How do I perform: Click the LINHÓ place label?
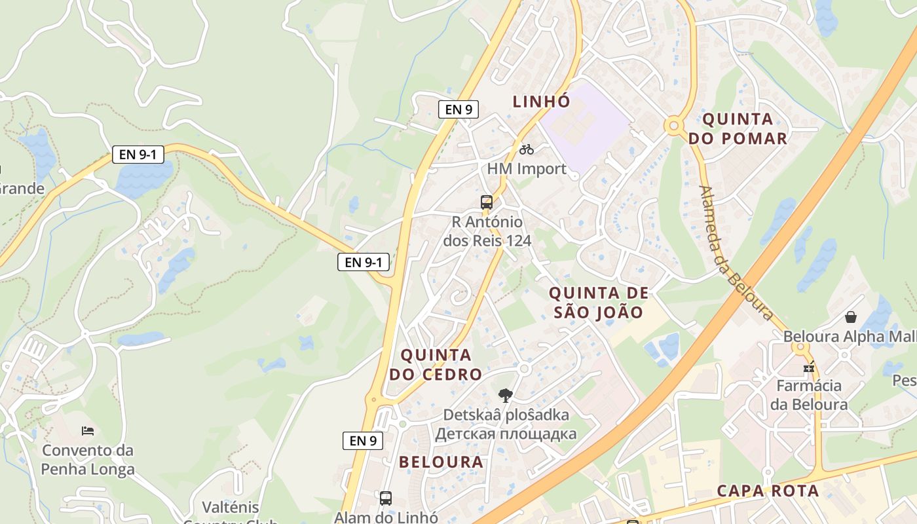click(x=541, y=102)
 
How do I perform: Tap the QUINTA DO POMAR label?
click(x=738, y=129)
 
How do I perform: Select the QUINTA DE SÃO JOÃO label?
click(x=599, y=303)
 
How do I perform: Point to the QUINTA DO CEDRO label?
click(x=436, y=365)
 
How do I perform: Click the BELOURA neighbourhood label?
click(x=441, y=462)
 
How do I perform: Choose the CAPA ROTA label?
click(x=768, y=491)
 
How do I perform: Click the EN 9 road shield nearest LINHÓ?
click(x=458, y=109)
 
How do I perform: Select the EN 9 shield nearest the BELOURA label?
click(x=363, y=441)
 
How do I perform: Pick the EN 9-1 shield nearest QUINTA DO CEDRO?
click(x=364, y=263)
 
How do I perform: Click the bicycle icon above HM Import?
click(x=526, y=149)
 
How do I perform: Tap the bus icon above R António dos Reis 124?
click(x=486, y=202)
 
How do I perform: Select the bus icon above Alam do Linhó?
click(x=386, y=498)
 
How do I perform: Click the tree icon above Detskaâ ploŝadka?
click(x=505, y=395)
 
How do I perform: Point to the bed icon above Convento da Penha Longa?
click(x=88, y=430)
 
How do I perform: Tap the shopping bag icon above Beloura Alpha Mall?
click(x=850, y=317)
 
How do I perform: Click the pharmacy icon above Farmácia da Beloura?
click(x=809, y=367)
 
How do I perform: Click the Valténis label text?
click(x=231, y=508)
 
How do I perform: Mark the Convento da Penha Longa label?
click(x=88, y=460)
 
